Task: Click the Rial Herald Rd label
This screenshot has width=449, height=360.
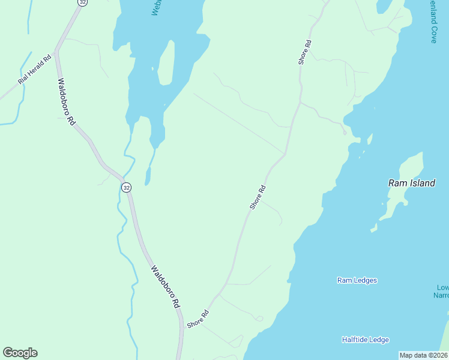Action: [x=35, y=71]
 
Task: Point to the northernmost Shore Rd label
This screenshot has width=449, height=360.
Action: [x=305, y=52]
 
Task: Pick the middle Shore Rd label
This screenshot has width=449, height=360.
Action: [x=258, y=197]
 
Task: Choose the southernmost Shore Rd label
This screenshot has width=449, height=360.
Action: [x=197, y=319]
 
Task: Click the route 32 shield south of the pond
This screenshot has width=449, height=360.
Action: [x=126, y=187]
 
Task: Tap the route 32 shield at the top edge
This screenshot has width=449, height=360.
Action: [x=82, y=2]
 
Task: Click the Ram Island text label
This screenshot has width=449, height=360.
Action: [x=412, y=184]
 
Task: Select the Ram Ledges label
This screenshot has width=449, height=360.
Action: [x=357, y=280]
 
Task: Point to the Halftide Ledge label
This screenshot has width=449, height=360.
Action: [x=365, y=340]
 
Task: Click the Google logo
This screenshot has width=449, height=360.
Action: [x=20, y=353]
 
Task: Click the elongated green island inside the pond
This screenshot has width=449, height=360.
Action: [x=166, y=63]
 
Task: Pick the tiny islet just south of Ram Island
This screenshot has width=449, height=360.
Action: [x=373, y=229]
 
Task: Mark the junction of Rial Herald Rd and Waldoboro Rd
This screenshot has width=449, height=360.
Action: [x=56, y=52]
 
